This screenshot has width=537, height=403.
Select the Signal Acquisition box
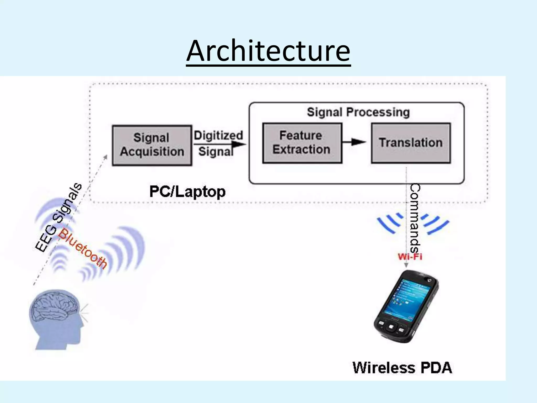tap(152, 145)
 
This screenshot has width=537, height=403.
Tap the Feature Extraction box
tap(302, 143)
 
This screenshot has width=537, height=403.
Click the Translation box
tap(411, 143)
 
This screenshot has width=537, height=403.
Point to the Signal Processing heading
tap(358, 112)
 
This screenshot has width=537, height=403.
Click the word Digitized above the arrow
tap(218, 135)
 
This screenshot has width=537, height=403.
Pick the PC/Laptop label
tap(187, 192)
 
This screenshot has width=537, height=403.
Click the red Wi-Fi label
tap(410, 256)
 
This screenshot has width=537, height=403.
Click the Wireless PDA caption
tap(402, 368)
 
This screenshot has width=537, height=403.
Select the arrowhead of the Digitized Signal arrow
tap(239, 144)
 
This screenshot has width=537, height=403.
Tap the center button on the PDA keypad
tap(391, 327)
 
